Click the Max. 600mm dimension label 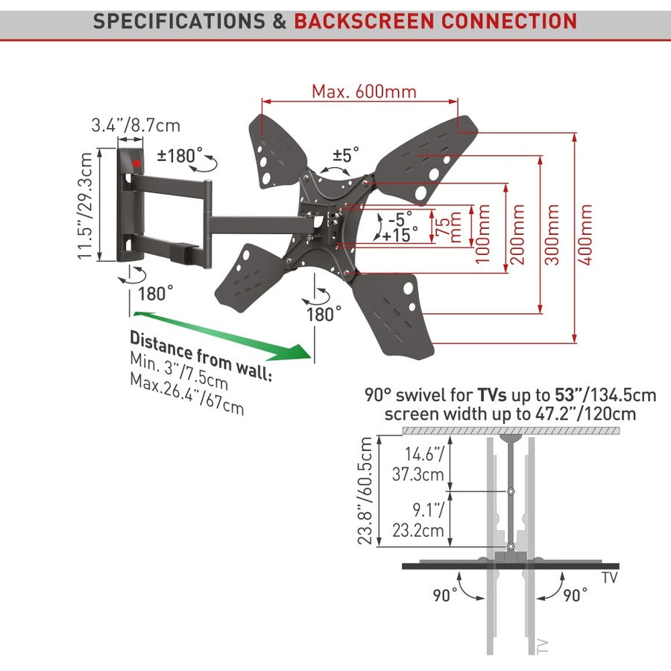pos(364,92)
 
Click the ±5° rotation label pos(345,154)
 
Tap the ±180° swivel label pos(180,156)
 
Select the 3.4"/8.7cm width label pos(136,125)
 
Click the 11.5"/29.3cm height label pos(87,206)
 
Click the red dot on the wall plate pos(136,163)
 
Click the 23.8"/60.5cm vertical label pos(365,491)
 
